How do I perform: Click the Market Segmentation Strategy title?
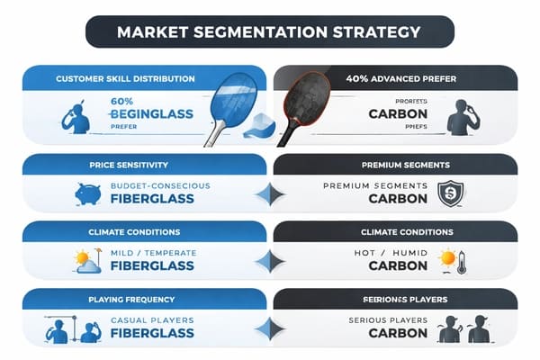coord(269,32)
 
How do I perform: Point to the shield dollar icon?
coord(449,193)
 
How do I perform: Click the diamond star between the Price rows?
coord(269,193)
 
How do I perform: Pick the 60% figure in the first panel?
coord(123,102)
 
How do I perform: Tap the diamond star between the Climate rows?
coord(269,262)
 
